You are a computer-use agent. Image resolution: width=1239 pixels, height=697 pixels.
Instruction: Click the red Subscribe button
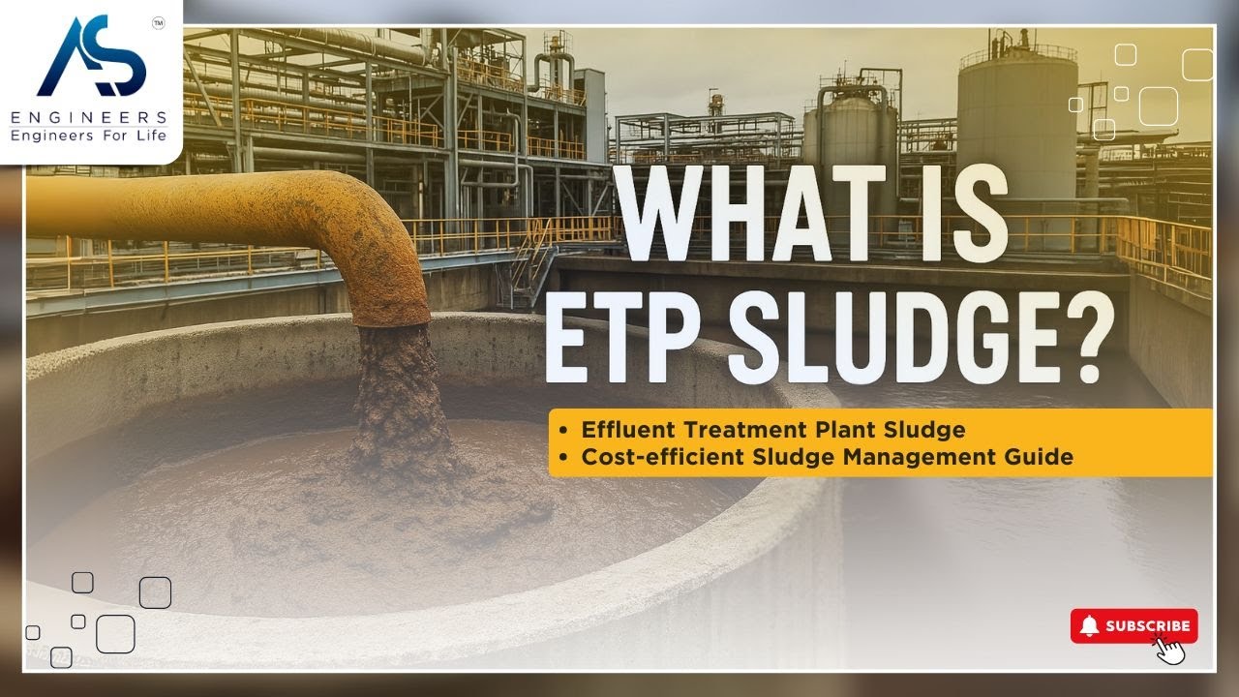(1134, 626)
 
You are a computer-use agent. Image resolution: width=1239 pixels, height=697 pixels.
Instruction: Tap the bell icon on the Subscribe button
(1090, 626)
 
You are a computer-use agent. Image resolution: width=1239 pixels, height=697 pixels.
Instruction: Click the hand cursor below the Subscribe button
(1171, 650)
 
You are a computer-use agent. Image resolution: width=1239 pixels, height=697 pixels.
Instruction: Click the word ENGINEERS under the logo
(89, 118)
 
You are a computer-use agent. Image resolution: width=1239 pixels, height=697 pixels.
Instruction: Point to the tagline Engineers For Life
(89, 136)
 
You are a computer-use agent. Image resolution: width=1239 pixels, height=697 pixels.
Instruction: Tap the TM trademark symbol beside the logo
(159, 21)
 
